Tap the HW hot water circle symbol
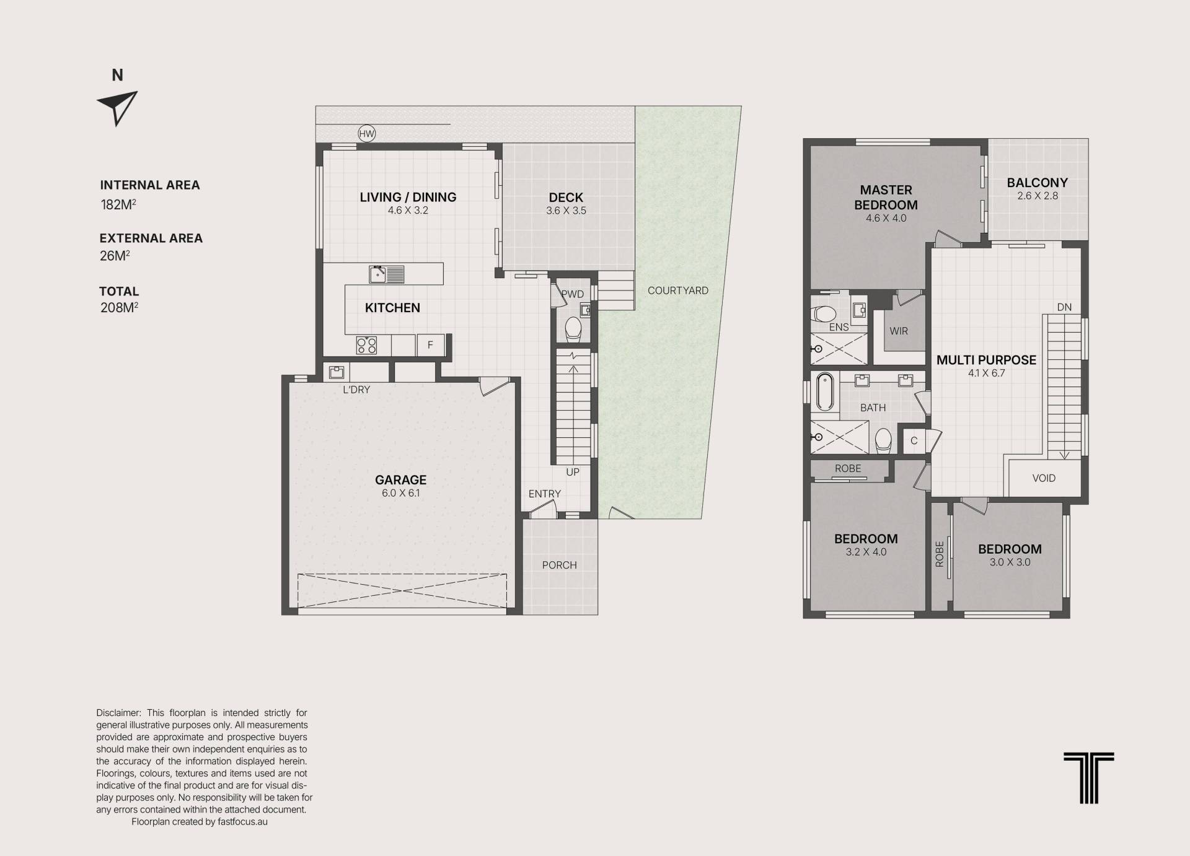(x=367, y=134)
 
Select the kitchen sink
(x=387, y=274)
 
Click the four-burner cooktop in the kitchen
(x=366, y=345)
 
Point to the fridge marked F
(x=430, y=345)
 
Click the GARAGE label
(x=400, y=479)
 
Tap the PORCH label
(x=559, y=565)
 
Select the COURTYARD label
(x=678, y=290)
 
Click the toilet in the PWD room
(x=573, y=329)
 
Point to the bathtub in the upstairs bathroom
(x=824, y=391)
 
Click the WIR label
(x=899, y=331)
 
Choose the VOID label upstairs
(x=1044, y=478)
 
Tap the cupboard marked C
(x=914, y=441)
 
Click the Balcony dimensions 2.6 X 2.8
(x=1038, y=196)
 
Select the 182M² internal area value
(x=118, y=204)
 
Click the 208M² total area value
(x=119, y=307)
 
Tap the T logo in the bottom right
(x=1089, y=778)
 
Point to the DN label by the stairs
(x=1064, y=307)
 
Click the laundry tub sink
(x=337, y=372)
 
